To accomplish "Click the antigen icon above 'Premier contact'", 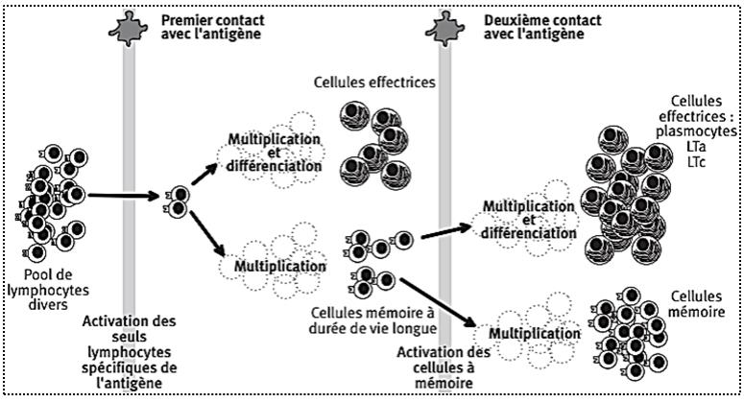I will [127, 22].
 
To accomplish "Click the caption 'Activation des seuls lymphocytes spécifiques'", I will [128, 350].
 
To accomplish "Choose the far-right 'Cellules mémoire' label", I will [696, 304].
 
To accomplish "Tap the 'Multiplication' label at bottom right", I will [529, 333].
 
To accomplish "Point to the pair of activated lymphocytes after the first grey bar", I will [176, 201].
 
